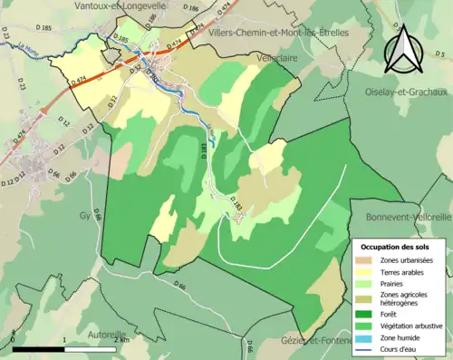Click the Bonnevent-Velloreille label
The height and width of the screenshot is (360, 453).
[408, 219]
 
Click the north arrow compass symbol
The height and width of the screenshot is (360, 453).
[403, 51]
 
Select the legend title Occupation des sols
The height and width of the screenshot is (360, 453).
[395, 247]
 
